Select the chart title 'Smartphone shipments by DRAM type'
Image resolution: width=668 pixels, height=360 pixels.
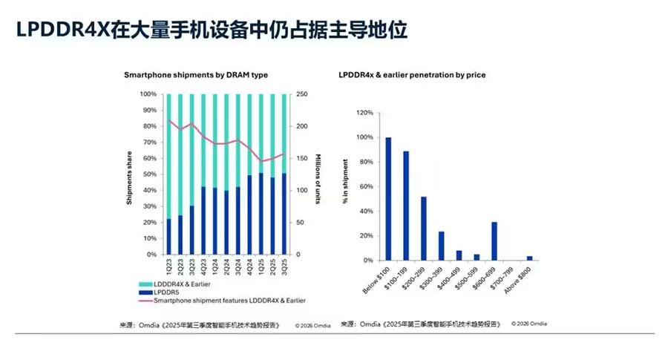[x=196, y=75]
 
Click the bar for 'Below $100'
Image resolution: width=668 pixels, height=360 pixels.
[x=388, y=199]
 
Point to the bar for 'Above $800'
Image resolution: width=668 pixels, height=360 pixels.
[x=529, y=258]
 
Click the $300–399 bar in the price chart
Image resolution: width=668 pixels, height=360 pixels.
[x=441, y=246]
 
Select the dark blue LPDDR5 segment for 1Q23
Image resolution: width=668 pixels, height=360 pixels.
[x=168, y=237]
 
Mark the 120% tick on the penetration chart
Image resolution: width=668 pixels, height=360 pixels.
[x=365, y=114]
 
